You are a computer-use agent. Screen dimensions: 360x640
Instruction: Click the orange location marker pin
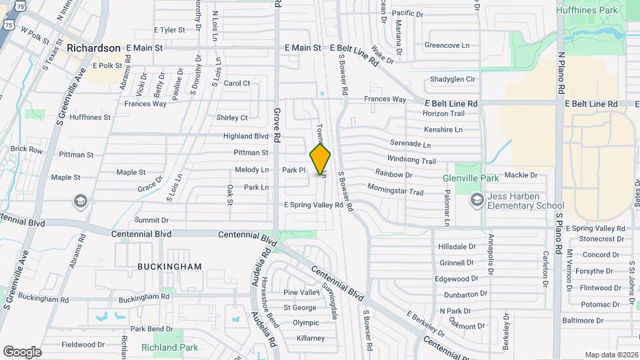[320, 159]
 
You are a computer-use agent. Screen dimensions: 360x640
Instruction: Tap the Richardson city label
[93, 48]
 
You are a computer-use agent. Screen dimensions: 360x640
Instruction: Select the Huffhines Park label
[599, 10]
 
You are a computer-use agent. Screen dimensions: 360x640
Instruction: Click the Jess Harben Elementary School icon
[477, 199]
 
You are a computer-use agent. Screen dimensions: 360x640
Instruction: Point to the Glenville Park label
[471, 178]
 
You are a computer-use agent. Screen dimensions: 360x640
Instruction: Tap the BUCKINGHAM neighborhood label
[169, 267]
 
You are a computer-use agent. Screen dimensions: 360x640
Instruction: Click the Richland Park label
[169, 347]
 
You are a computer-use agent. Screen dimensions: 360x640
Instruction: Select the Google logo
[22, 352]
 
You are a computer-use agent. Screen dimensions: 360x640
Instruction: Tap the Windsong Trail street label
[411, 161]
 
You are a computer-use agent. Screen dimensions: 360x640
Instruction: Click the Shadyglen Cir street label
[453, 79]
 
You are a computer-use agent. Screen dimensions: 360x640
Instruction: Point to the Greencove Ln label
[447, 45]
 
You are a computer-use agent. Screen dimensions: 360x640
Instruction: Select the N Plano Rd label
[562, 73]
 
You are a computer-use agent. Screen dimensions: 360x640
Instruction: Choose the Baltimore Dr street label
[583, 321]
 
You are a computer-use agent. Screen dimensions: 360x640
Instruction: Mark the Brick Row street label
[27, 149]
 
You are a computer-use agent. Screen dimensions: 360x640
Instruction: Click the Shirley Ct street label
[232, 118]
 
